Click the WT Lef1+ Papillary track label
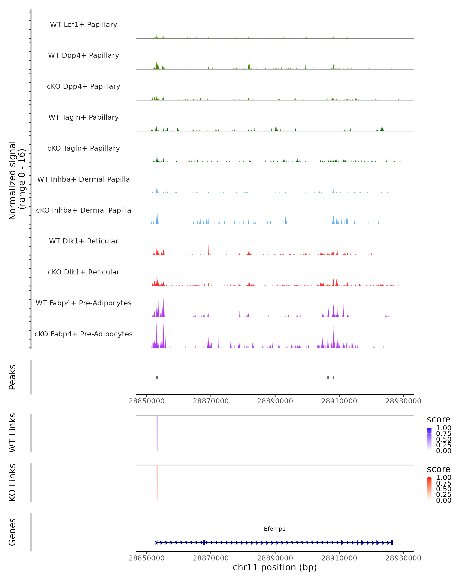[84, 25]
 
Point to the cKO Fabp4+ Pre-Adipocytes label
[84, 334]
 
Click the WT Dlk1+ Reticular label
[84, 241]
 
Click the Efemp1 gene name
[275, 529]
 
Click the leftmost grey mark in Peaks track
[157, 377]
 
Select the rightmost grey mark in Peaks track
[333, 377]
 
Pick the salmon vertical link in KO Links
[157, 482]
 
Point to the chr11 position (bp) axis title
[275, 567]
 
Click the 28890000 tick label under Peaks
[275, 401]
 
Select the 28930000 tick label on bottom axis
[403, 558]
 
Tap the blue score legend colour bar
[429, 439]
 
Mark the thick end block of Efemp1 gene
[392, 542]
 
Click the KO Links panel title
[12, 482]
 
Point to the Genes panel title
[12, 532]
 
